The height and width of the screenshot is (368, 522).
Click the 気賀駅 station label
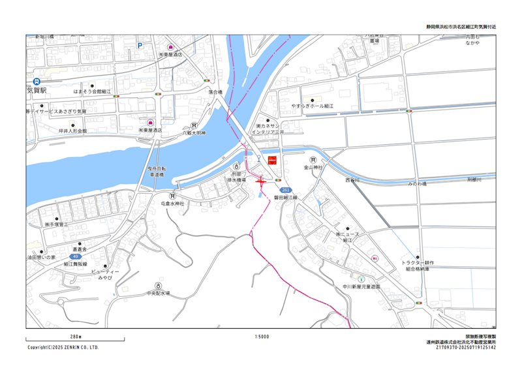[37, 90]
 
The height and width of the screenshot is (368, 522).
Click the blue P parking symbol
[139, 46]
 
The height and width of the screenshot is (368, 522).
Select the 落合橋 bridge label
[216, 92]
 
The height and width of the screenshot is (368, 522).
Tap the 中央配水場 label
[158, 294]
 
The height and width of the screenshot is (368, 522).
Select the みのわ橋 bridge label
[417, 184]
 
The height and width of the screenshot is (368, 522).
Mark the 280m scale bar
[75, 339]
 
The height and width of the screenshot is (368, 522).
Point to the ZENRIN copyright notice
[63, 348]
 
